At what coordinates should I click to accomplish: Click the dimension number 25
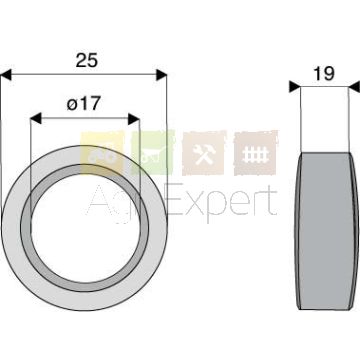(87, 60)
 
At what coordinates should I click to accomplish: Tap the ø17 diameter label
(83, 104)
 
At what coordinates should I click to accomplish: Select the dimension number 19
(324, 74)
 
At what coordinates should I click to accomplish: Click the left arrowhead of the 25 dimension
(6, 75)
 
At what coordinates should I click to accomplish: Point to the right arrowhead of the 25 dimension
(161, 75)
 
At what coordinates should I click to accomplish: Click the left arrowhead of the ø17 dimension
(36, 118)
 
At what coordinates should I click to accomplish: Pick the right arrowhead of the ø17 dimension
(134, 119)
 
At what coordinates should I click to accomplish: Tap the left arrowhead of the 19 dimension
(295, 87)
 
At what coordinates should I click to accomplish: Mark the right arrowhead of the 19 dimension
(354, 87)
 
